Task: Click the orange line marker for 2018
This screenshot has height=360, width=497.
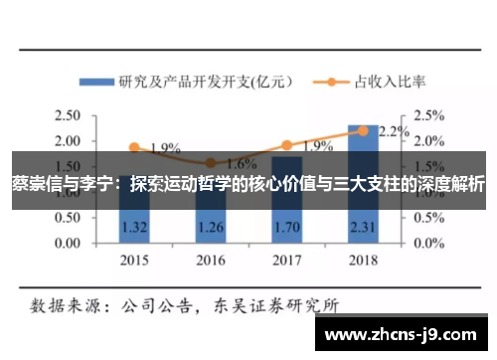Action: pos(363,130)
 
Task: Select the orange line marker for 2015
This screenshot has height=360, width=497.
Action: pos(134,147)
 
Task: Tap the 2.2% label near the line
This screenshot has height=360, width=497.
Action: pos(394,130)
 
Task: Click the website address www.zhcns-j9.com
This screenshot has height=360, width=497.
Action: pos(405,335)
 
